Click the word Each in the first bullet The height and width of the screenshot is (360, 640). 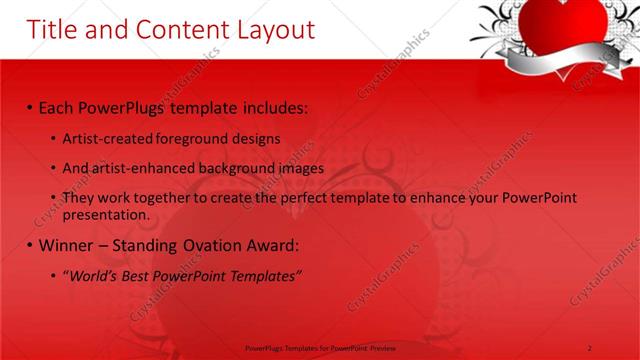(57, 105)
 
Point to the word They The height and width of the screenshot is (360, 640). (78, 199)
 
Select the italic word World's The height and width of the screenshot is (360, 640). (92, 276)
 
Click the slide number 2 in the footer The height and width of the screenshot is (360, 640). (591, 347)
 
